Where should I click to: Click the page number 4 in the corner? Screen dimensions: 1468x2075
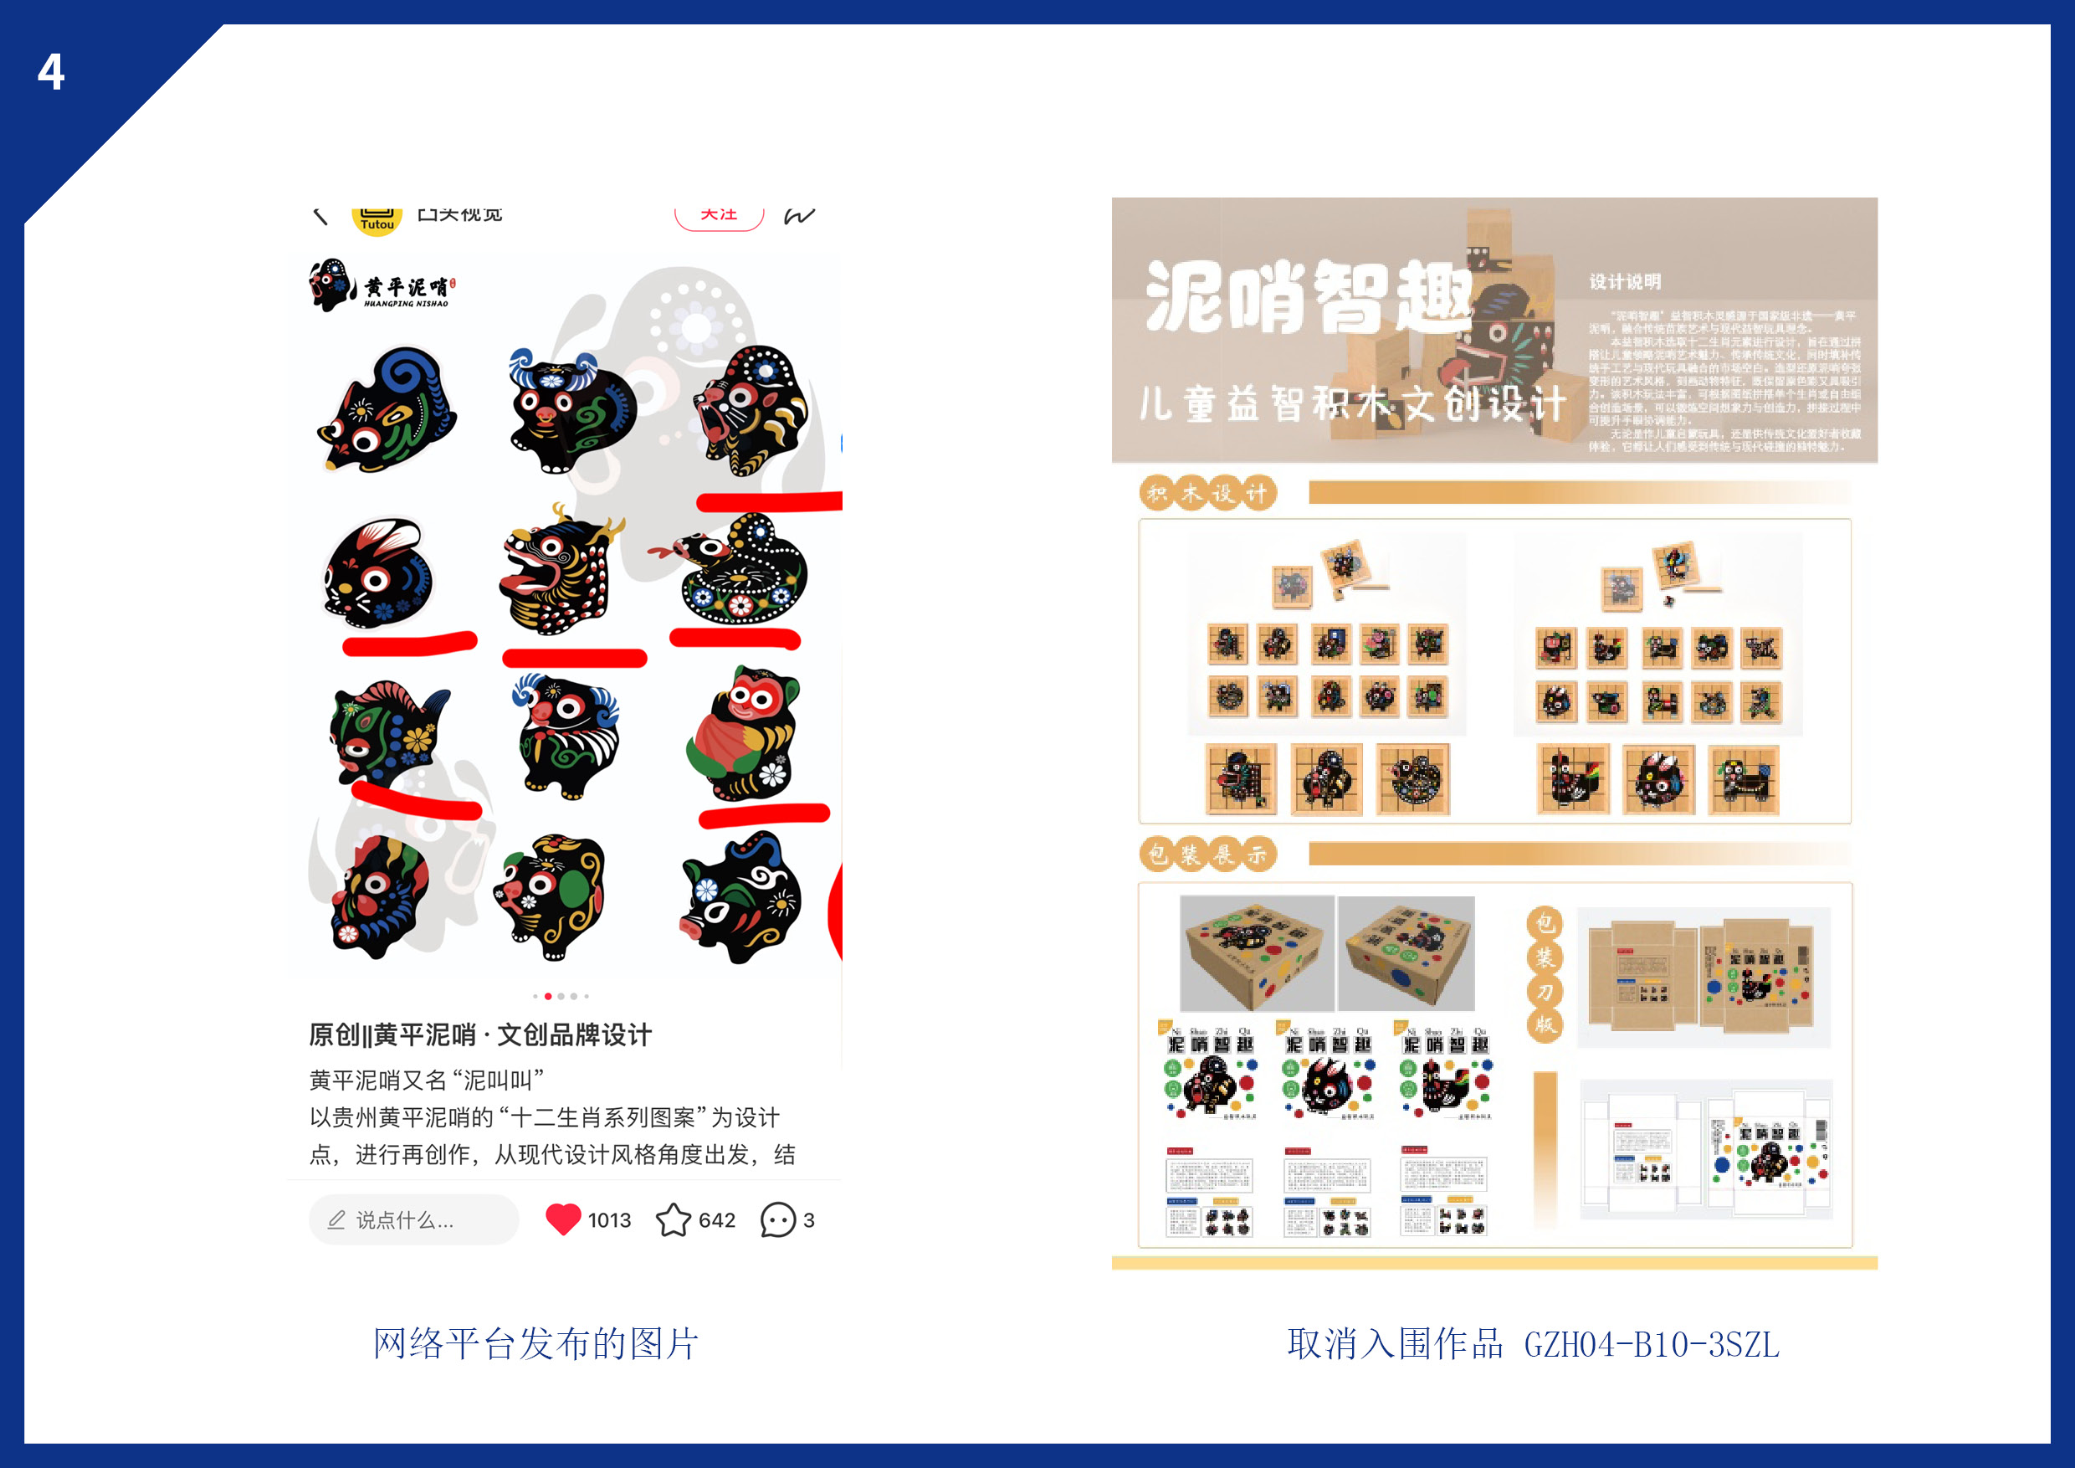coord(50,71)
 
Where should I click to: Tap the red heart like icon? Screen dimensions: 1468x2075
coord(563,1219)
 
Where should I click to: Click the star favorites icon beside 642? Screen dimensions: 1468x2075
coord(674,1219)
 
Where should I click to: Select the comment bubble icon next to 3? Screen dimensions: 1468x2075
coord(777,1219)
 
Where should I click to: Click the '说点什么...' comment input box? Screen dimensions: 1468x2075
coord(413,1219)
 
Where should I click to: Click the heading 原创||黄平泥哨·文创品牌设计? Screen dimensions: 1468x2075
coord(480,1035)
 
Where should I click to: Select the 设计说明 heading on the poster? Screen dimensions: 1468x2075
coord(1624,282)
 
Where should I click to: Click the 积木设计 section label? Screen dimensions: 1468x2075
coord(1207,493)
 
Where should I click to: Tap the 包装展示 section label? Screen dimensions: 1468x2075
coord(1207,854)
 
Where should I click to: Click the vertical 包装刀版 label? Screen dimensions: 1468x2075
coord(1545,974)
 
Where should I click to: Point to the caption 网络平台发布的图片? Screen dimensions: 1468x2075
coord(536,1344)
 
